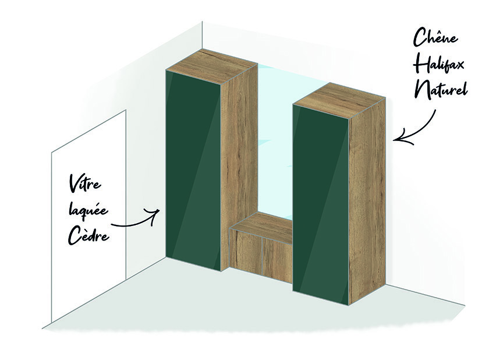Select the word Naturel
(441, 92)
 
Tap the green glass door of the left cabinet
(192, 169)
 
